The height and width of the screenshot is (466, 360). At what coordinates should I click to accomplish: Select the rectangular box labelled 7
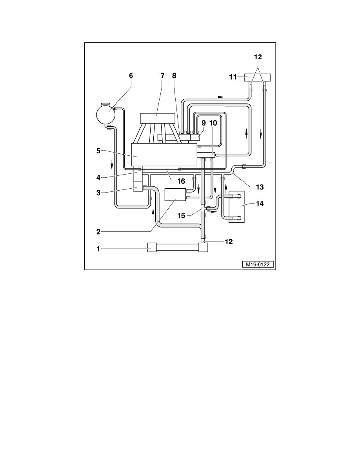click(158, 118)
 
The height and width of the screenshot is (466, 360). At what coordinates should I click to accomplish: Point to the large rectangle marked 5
click(164, 155)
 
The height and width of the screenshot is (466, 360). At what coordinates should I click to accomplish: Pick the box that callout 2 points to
click(175, 195)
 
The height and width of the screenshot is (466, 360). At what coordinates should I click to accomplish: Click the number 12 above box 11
click(257, 57)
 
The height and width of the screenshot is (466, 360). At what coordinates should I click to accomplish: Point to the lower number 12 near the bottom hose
click(229, 242)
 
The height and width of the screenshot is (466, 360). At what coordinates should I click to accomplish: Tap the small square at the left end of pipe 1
click(152, 248)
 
